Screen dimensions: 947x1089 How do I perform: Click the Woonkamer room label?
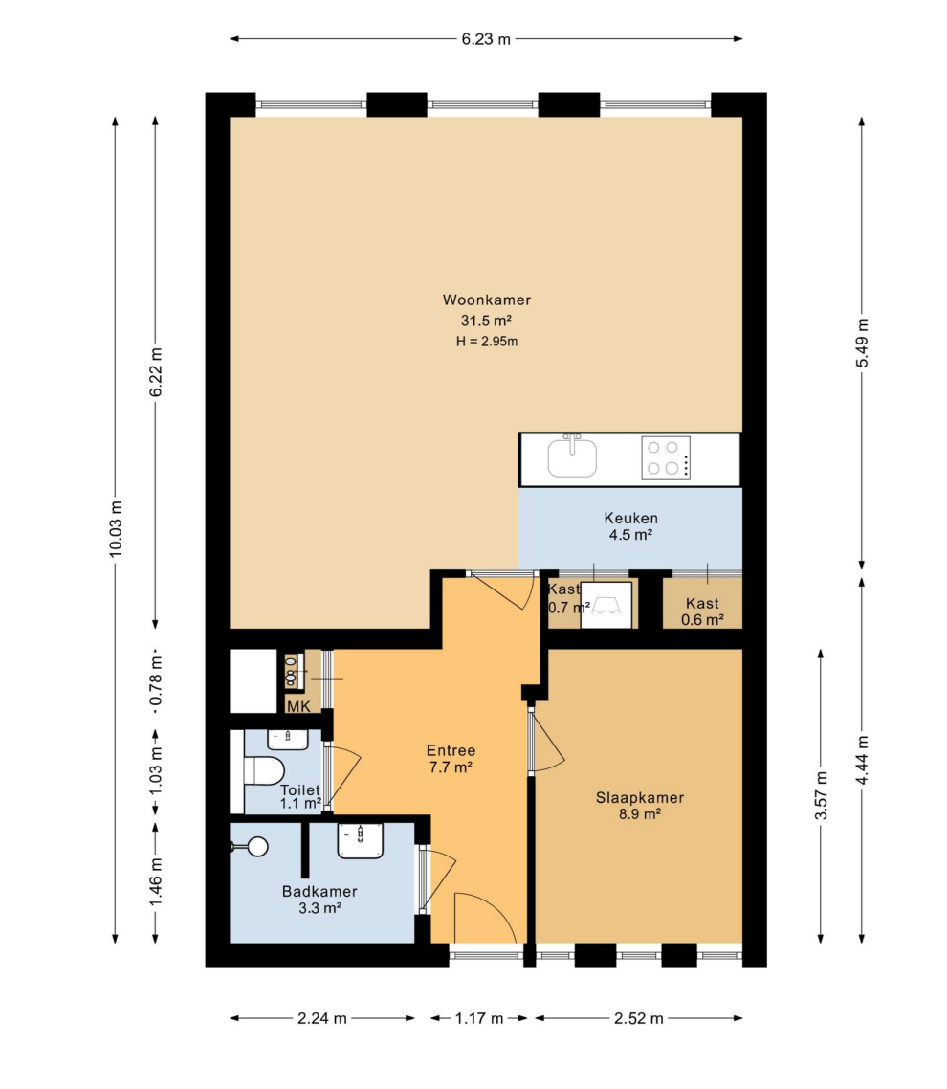[x=487, y=300]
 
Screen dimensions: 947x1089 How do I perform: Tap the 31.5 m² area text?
[x=486, y=321]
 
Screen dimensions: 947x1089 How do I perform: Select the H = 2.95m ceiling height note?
[x=487, y=341]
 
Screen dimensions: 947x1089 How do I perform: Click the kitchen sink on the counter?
[x=572, y=456]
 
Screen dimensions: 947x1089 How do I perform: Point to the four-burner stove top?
[x=666, y=457]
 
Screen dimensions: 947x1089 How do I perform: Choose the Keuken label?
[x=630, y=518]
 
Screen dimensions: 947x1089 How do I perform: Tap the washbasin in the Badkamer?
[x=361, y=840]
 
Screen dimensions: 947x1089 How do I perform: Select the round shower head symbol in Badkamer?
[x=257, y=846]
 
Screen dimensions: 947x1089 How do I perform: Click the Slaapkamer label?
[x=639, y=798]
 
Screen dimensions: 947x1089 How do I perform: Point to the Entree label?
[x=451, y=750]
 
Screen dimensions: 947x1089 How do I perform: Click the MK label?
[x=298, y=707]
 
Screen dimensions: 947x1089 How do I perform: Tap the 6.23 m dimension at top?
[x=486, y=39]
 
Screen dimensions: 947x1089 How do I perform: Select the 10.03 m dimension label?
[x=115, y=528]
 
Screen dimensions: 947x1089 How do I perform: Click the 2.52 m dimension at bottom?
[x=639, y=1018]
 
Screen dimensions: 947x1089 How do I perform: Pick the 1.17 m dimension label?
[x=479, y=1018]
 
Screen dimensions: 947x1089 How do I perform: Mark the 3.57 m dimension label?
[x=822, y=796]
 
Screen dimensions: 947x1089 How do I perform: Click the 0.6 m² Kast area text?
[x=702, y=619]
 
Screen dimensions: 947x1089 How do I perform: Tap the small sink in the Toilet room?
[x=288, y=740]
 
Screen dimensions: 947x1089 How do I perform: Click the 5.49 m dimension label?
[x=862, y=343]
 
